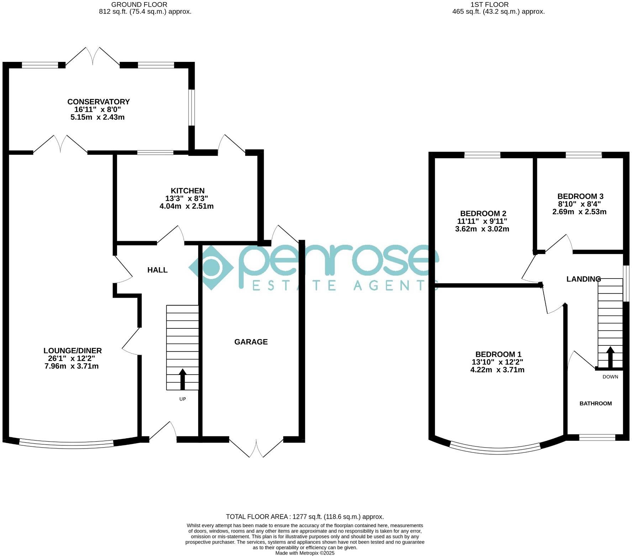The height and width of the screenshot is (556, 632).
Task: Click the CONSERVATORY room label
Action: [x=99, y=102]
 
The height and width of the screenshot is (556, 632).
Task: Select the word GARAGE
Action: [x=251, y=342]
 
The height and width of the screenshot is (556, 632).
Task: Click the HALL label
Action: [x=157, y=270]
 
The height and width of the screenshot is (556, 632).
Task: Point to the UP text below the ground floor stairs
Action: [x=183, y=399]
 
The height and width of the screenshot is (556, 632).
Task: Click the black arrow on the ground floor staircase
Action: [x=183, y=379]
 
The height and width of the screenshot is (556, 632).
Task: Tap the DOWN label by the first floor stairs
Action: [x=610, y=377]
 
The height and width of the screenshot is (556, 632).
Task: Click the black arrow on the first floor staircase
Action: [x=610, y=357]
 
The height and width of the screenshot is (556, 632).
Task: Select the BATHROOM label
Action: [x=596, y=403]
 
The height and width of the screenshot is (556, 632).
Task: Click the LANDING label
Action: [x=584, y=279]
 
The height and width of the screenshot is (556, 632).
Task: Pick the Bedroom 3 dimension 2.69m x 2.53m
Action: [x=579, y=212]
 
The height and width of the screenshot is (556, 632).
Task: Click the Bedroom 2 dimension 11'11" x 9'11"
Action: [x=482, y=221]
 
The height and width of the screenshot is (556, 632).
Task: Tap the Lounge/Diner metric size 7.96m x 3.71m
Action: [x=72, y=366]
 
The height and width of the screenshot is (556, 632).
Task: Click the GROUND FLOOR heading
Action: [x=139, y=5]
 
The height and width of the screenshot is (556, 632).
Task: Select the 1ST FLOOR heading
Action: [x=489, y=5]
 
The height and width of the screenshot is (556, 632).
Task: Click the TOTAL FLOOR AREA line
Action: [x=305, y=517]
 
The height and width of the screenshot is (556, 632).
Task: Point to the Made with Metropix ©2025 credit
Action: [x=305, y=553]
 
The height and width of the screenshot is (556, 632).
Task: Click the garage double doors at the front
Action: [x=256, y=448]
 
